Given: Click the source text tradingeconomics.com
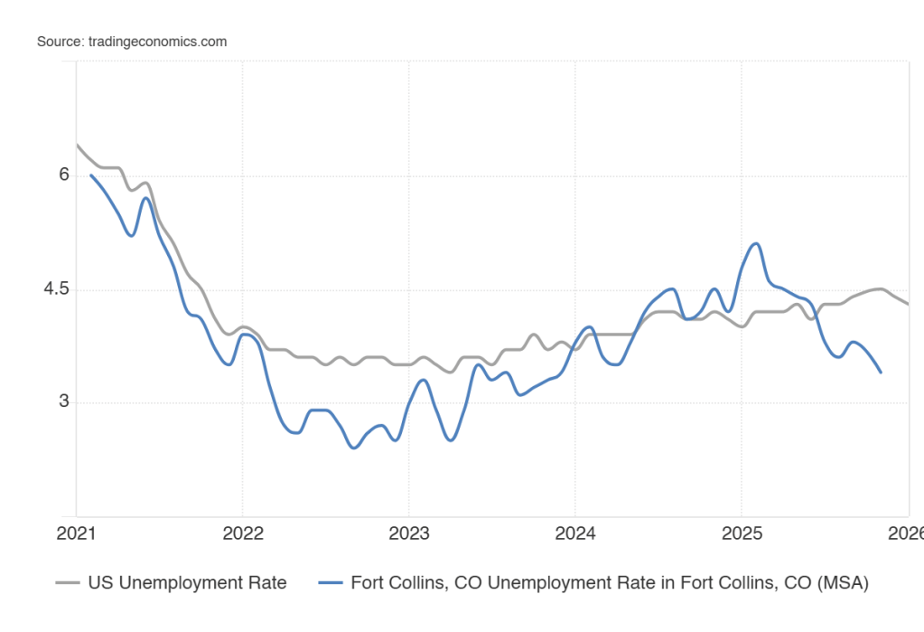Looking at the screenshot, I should [132, 42].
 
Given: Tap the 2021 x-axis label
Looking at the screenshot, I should [76, 533].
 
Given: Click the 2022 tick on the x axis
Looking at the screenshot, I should [242, 533].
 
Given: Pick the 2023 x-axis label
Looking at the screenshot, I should [408, 533].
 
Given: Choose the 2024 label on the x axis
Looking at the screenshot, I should [574, 533].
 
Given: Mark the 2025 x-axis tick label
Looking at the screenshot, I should [741, 533].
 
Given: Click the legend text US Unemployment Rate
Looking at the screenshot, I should [187, 583].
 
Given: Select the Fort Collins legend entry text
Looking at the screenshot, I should [610, 583].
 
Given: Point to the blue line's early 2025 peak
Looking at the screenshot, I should [756, 243].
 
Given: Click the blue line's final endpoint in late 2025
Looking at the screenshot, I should [881, 373].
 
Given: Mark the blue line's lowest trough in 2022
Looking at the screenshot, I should [354, 448].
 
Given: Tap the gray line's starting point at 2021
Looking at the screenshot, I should [77, 145].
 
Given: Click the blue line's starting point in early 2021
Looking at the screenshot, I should [90, 175].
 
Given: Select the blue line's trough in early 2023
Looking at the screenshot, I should [451, 440].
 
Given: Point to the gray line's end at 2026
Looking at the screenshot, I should [908, 304].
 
